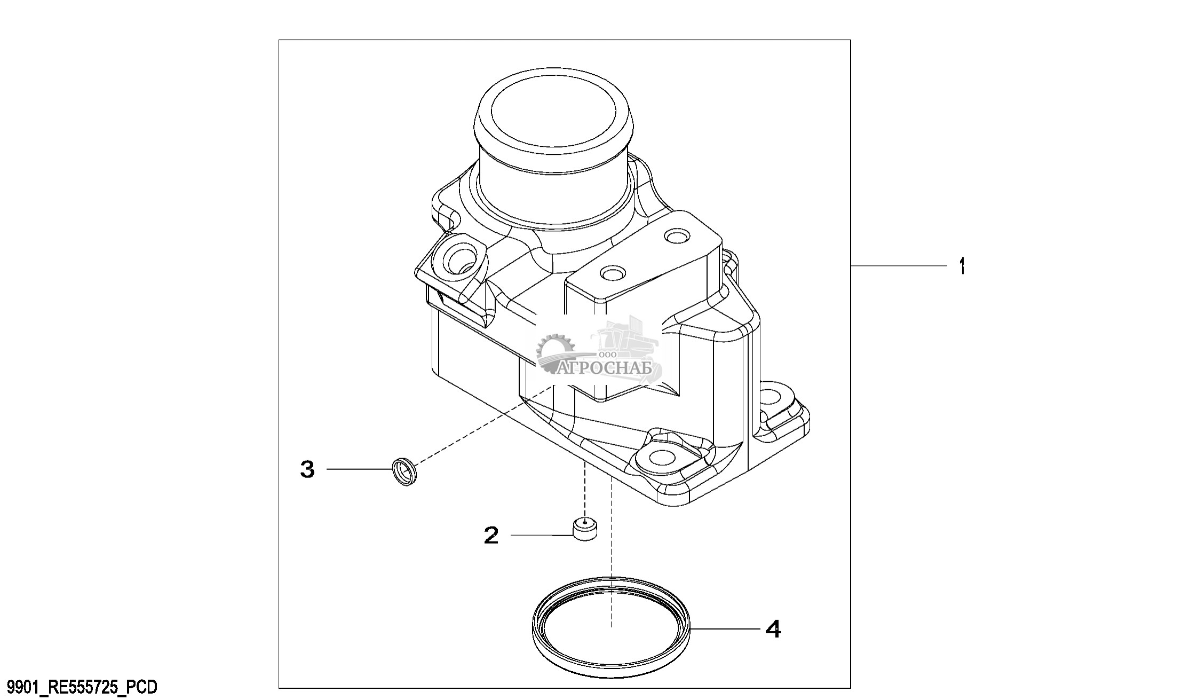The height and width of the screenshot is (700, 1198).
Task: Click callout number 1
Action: [x=962, y=266]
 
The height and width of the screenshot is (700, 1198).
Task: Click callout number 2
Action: [x=491, y=535]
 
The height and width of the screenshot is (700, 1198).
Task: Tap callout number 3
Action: [x=307, y=469]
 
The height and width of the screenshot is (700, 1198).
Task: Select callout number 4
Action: [x=773, y=629]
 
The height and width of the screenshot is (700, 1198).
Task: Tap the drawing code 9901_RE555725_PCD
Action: [x=79, y=687]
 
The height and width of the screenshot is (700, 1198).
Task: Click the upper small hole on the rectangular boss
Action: [x=678, y=235]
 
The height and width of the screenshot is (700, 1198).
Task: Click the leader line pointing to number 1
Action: [x=899, y=266]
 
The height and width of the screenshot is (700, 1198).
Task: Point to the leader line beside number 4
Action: [x=725, y=630]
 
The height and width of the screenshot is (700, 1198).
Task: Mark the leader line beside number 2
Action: [x=542, y=535]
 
